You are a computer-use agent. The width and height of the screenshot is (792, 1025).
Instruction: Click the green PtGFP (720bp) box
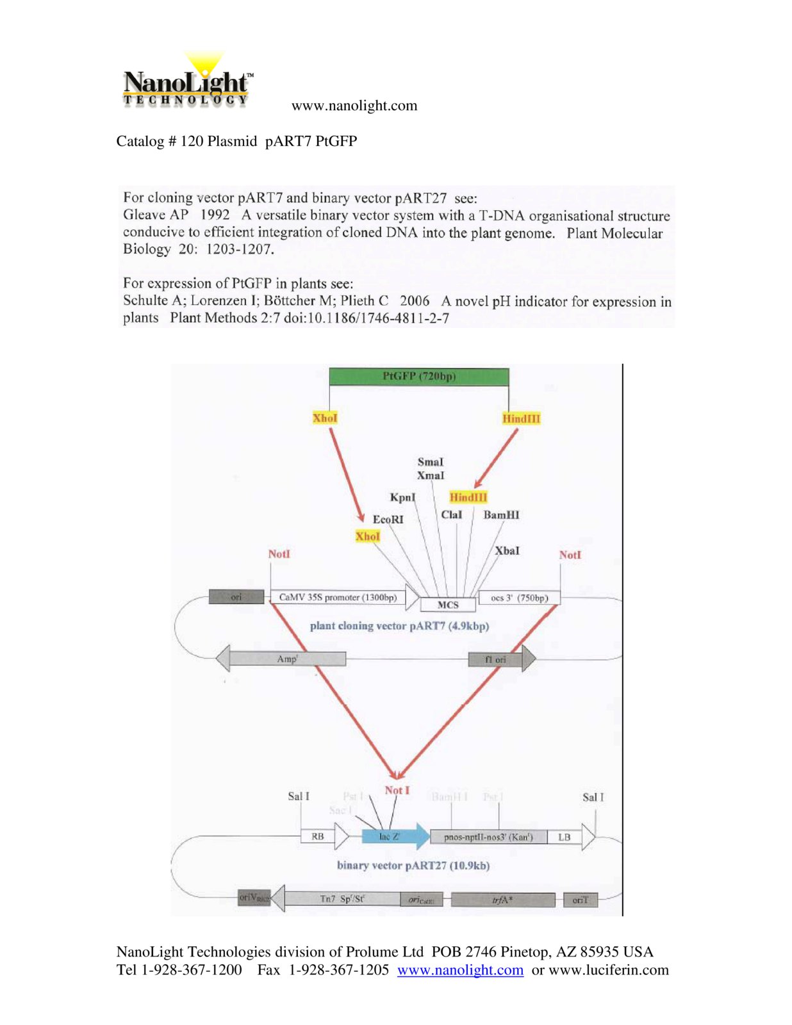coord(418,377)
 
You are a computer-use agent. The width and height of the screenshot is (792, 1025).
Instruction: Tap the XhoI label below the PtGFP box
coord(325,418)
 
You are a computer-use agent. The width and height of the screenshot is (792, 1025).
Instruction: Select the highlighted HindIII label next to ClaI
coord(468,497)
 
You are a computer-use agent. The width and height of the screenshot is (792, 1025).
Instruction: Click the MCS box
coord(448,605)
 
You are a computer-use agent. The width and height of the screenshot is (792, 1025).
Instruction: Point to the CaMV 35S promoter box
coord(338,597)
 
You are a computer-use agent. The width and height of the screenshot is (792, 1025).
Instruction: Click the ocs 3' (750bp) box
coord(519,598)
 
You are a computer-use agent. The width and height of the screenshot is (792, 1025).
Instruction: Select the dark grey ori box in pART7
coord(236,597)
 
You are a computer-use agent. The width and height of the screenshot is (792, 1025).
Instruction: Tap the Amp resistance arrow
coord(286,659)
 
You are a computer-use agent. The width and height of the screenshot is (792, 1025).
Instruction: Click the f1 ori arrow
coord(500,659)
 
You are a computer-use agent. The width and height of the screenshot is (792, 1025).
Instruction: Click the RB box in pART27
coord(318,836)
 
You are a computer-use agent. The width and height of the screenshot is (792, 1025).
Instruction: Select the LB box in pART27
coord(564,837)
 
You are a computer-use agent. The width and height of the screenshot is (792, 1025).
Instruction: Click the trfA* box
coord(502,900)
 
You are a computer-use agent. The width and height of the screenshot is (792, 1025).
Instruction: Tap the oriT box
coord(580,900)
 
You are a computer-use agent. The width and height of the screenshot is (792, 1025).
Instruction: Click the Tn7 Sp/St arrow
coord(342,899)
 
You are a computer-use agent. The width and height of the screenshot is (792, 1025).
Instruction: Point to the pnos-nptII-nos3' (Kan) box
coord(488,837)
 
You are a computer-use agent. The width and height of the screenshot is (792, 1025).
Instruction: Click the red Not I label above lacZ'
coord(397,791)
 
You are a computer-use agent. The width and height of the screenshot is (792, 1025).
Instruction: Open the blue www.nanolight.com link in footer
coord(460,970)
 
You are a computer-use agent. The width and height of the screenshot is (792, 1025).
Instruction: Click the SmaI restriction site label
coord(430,462)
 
